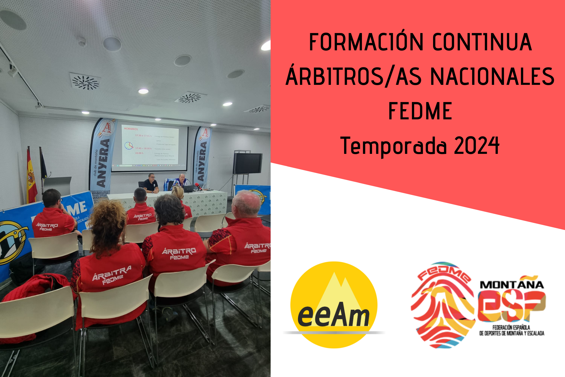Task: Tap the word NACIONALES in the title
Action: [492, 77]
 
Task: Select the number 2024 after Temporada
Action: [477, 145]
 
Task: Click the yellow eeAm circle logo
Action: [334, 305]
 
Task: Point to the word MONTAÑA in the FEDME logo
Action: [512, 284]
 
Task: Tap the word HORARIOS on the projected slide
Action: [131, 129]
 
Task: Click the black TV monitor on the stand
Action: [247, 163]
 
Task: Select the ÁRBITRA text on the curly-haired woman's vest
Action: [112, 273]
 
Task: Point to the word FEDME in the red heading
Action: [420, 111]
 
